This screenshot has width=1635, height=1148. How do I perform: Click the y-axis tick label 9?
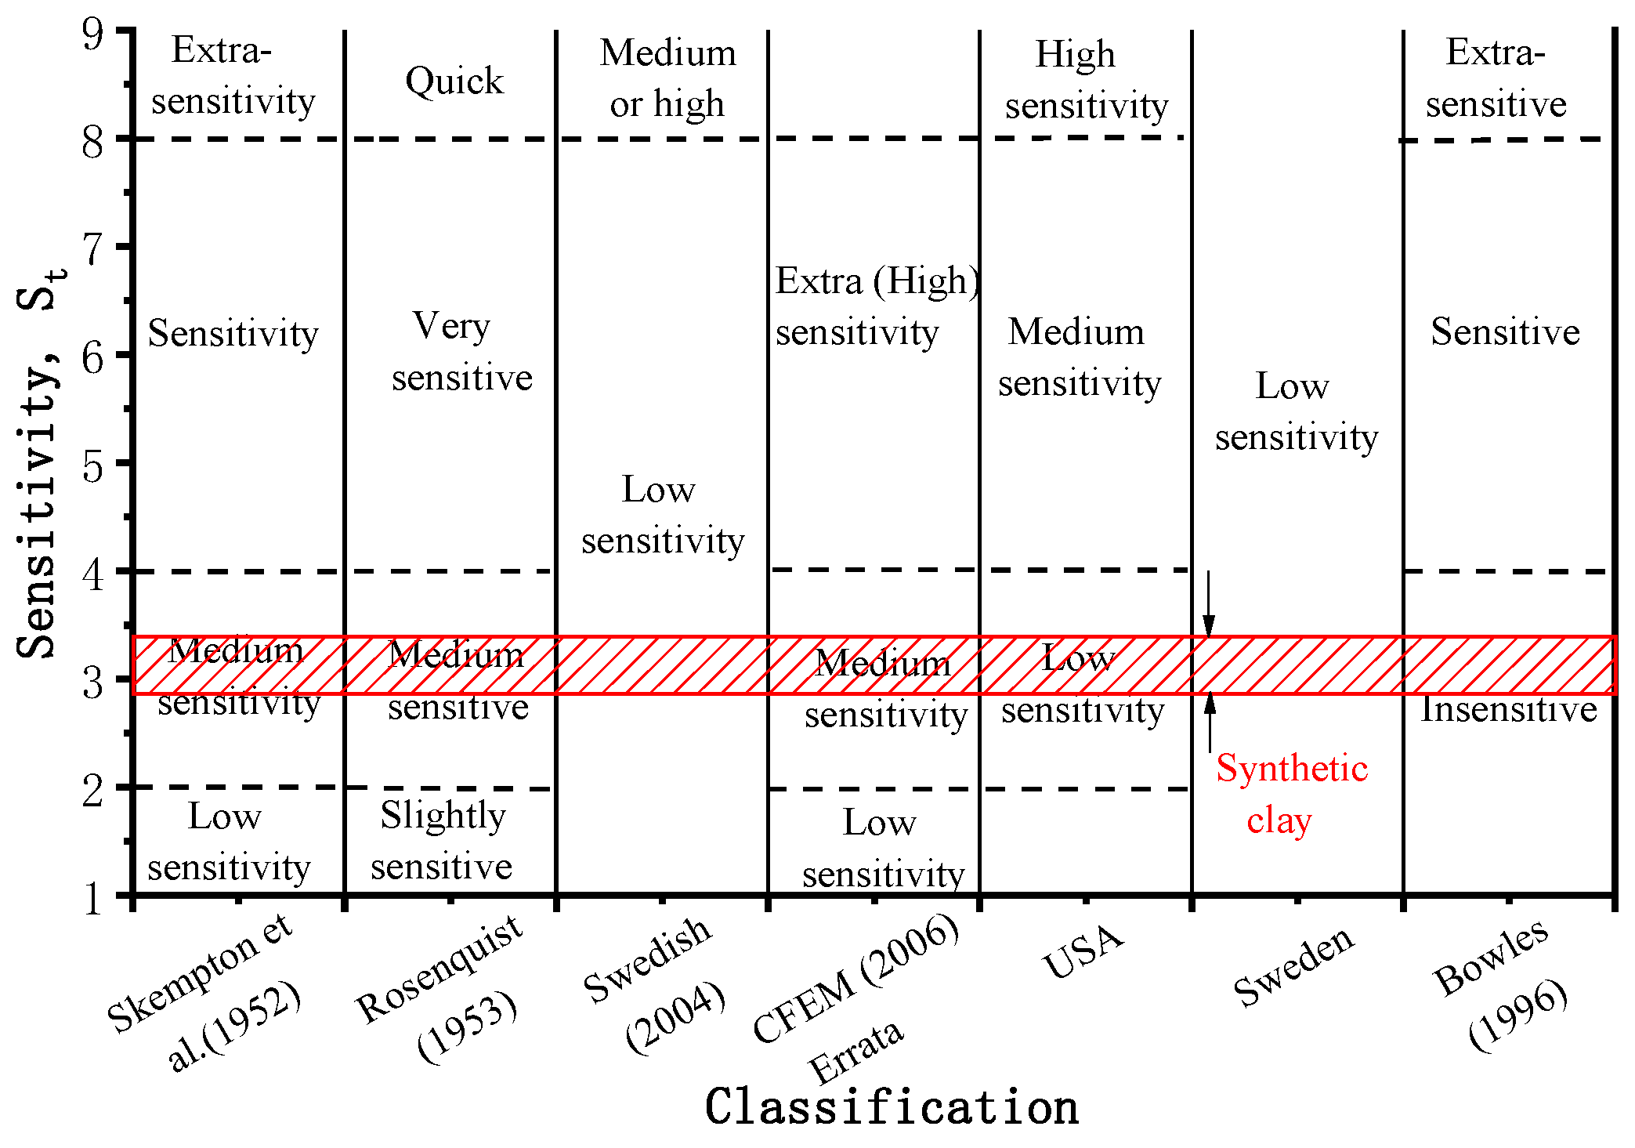tap(92, 34)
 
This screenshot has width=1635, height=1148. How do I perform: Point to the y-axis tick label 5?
tap(92, 467)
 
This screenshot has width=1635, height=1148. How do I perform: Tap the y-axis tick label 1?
tap(92, 898)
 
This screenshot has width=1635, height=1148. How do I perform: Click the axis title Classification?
tap(892, 1107)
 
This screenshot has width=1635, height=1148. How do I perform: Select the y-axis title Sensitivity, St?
tap(39, 463)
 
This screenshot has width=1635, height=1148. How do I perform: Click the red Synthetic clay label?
tap(1291, 794)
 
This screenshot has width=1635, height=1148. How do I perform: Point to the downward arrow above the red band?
tap(1209, 604)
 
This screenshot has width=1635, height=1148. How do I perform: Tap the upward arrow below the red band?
tap(1210, 722)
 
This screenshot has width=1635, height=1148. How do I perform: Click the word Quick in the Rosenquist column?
tap(454, 81)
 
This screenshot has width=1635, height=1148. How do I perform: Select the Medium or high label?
tap(667, 78)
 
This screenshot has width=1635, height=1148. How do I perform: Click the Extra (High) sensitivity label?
tap(876, 306)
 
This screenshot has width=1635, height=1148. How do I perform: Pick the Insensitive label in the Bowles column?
tap(1509, 710)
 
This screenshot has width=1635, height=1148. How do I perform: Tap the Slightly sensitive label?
tap(443, 841)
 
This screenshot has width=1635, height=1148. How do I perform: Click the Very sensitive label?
tap(461, 352)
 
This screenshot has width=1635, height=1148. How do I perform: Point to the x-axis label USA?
tap(1083, 952)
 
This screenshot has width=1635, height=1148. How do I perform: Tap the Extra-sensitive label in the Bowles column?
tap(1496, 78)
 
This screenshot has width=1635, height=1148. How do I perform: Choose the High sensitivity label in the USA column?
tap(1086, 80)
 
